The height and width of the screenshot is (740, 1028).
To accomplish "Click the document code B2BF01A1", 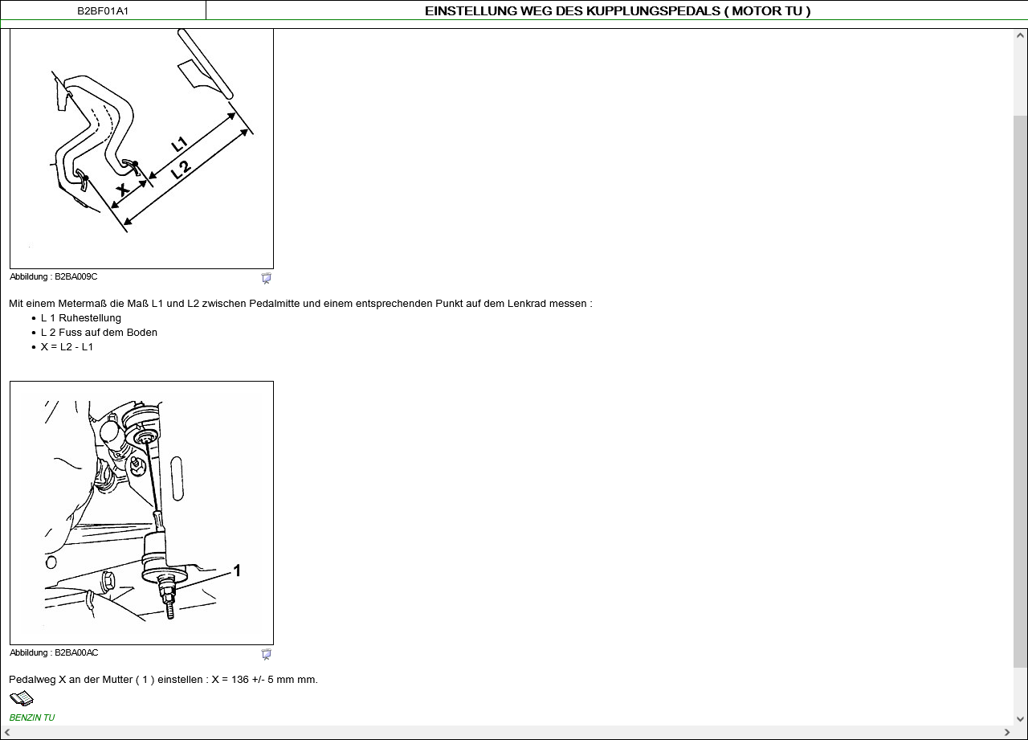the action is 103,11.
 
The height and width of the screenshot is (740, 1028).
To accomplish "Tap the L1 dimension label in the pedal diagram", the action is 179,145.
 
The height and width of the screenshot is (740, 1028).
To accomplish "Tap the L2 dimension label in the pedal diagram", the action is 181,170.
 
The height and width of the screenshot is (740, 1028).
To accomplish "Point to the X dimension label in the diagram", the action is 123,189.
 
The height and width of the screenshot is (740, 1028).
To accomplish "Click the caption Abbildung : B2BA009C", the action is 53,277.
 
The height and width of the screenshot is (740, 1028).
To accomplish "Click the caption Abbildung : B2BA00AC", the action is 54,652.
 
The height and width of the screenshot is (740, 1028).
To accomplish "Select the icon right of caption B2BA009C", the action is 266,278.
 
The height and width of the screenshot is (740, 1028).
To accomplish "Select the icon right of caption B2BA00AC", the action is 266,654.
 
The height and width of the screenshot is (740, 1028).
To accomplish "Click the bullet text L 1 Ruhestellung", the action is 81,318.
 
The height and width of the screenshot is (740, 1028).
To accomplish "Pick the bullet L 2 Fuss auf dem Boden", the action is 99,333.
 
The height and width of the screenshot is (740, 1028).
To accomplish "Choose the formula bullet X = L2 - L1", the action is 67,347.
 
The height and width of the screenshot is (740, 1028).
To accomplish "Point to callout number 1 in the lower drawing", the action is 237,570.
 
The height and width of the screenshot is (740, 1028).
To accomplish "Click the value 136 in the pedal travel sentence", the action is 240,680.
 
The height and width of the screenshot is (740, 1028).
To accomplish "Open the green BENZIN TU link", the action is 32,718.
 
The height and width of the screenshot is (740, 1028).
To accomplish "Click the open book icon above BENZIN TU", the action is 22,698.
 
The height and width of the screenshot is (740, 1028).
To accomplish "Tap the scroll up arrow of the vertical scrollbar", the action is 1020,35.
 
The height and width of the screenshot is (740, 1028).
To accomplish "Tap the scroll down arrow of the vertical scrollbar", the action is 1020,719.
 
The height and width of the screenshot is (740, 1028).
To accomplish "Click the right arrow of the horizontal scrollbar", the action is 1007,733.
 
